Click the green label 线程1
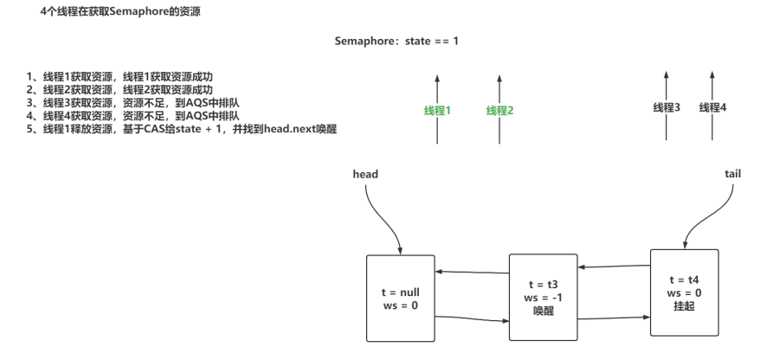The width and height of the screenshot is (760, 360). click(x=437, y=110)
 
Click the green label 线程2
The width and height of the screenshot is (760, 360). click(x=499, y=110)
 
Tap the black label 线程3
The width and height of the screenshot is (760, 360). click(x=666, y=107)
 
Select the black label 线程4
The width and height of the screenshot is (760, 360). click(x=712, y=107)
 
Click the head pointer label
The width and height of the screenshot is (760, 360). click(x=365, y=174)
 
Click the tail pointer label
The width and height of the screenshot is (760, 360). click(x=731, y=174)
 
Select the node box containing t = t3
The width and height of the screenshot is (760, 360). click(x=543, y=298)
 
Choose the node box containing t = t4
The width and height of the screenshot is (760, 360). click(x=684, y=292)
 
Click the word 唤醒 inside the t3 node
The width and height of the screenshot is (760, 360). click(x=543, y=312)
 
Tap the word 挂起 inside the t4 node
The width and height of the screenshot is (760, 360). click(x=684, y=306)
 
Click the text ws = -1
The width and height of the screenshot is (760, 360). click(x=543, y=298)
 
